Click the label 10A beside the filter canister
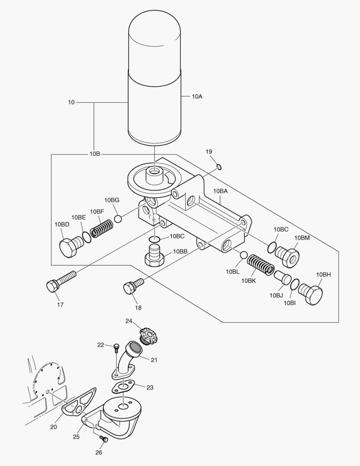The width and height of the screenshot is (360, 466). (197, 97)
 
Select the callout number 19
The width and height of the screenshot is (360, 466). (209, 152)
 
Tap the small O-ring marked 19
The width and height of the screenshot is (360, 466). (219, 167)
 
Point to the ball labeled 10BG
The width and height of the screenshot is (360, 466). (118, 219)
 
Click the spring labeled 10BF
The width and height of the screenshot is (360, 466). (102, 227)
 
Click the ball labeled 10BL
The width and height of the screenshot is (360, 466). (244, 255)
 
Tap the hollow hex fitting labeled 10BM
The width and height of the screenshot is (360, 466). (288, 256)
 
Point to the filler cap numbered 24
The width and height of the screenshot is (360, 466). (148, 335)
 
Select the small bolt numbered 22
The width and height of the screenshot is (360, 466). (116, 346)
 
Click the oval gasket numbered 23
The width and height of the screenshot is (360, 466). (123, 387)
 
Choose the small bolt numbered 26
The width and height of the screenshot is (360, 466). (103, 439)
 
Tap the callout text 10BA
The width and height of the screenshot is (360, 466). (221, 191)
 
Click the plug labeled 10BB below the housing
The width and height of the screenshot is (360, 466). (155, 255)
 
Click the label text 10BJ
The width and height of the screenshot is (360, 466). (276, 296)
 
